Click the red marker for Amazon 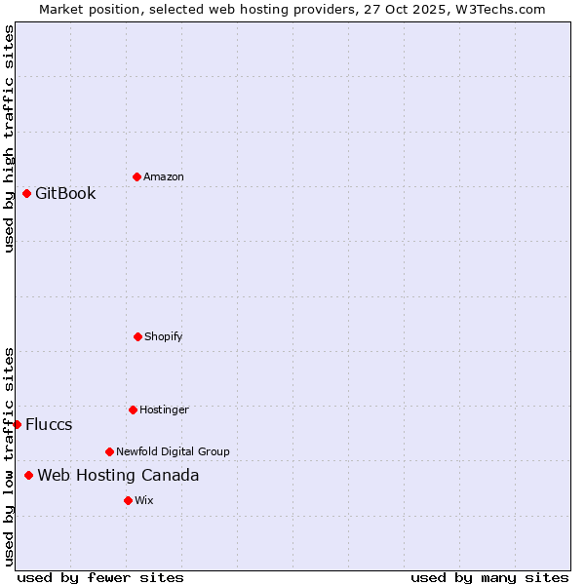coord(136,176)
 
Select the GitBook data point coord(26,193)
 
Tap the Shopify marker coord(137,336)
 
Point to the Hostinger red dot coord(133,409)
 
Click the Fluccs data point coord(17,424)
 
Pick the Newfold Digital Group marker coord(109,451)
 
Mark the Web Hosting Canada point coord(28,475)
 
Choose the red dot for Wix coord(128,500)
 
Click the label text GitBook coord(65,193)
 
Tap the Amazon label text coord(164,176)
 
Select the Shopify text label coord(164,336)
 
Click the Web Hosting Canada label coord(118,475)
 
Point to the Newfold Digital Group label coord(173,451)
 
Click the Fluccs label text coord(49,424)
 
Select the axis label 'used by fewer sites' coord(100,577)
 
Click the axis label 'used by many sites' coord(489,577)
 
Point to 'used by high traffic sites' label coord(9,138)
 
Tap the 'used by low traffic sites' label coord(9,455)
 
